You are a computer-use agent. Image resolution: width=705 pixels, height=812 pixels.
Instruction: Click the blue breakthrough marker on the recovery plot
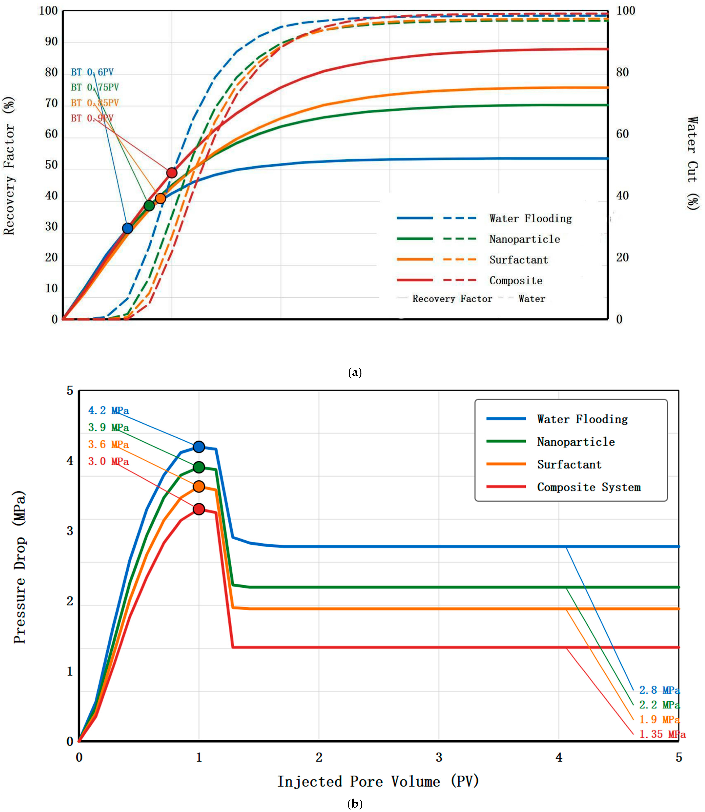[x=127, y=228]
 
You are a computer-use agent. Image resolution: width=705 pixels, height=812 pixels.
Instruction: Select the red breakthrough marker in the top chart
[x=172, y=173]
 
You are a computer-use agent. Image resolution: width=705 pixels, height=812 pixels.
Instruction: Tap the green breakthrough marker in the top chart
[x=149, y=205]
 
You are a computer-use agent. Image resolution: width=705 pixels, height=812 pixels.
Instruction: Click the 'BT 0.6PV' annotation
[x=92, y=72]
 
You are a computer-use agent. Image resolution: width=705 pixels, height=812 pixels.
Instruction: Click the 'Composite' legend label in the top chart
[x=516, y=280]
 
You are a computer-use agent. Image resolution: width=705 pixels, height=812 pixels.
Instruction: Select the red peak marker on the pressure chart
[x=199, y=509]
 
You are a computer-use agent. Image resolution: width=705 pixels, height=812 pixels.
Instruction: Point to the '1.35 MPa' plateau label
[x=663, y=734]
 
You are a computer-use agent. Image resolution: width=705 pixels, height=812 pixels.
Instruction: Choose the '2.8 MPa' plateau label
[x=660, y=690]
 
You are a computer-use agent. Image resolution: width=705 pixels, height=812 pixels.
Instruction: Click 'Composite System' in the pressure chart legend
[x=589, y=487]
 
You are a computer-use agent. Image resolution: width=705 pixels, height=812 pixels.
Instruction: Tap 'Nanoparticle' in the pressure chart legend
[x=576, y=442]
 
